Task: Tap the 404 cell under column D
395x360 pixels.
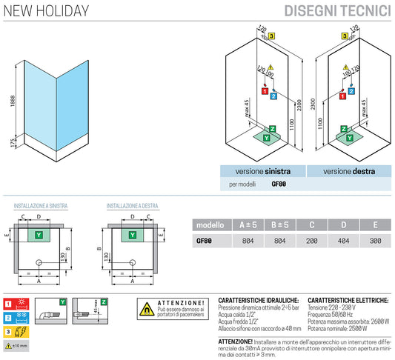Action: click(345, 240)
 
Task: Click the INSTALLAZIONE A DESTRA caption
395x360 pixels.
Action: click(131, 205)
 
